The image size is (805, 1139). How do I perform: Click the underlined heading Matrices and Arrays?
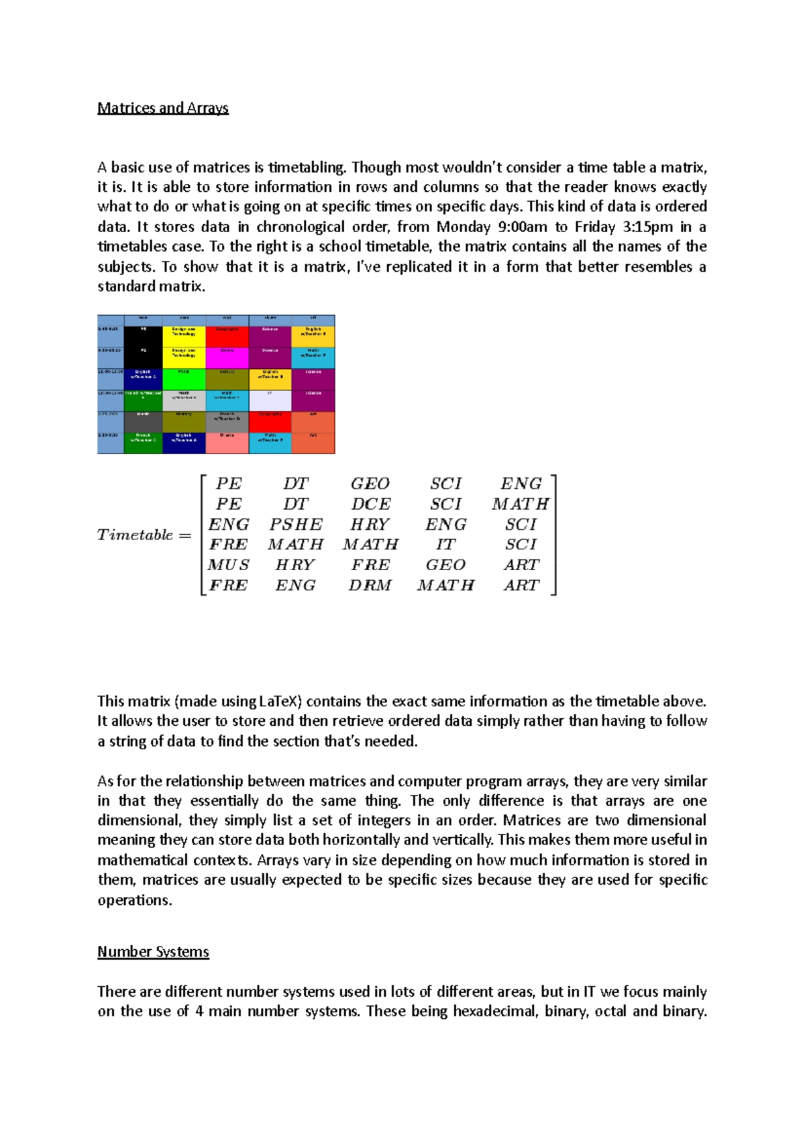click(163, 108)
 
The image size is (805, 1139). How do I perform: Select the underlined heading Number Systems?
click(153, 952)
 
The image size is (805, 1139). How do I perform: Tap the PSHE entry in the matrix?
click(296, 525)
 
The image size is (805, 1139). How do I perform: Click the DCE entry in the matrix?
click(370, 504)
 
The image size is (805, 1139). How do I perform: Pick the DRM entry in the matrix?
click(370, 586)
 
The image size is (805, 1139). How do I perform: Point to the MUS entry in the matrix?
click(228, 565)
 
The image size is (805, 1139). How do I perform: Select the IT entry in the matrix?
click(445, 545)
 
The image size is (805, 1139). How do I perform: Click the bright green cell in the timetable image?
click(184, 378)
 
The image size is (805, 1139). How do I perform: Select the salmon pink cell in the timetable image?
click(227, 443)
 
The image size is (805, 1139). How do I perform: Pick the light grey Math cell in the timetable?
click(184, 400)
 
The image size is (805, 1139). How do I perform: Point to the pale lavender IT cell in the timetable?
click(270, 400)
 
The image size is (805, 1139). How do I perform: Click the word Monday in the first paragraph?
click(464, 227)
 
